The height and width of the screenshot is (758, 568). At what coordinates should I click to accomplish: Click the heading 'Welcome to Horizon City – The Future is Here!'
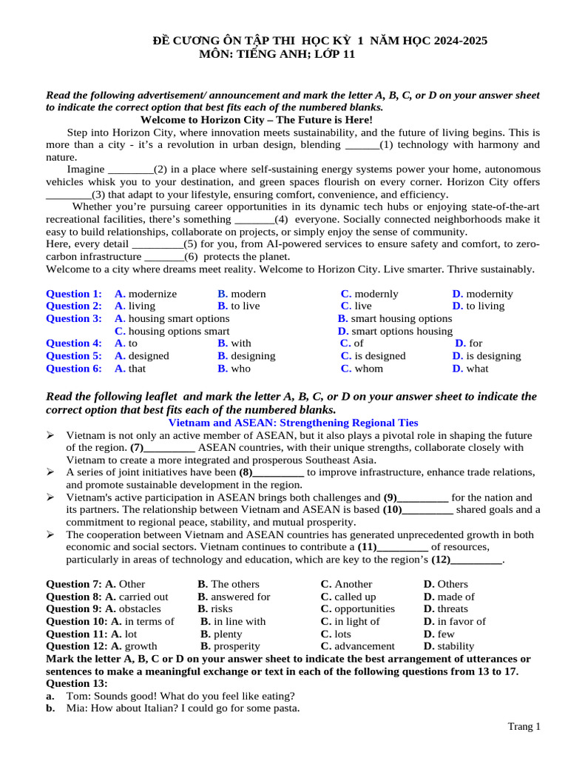click(x=256, y=120)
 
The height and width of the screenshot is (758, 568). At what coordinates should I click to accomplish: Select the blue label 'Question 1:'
click(x=73, y=294)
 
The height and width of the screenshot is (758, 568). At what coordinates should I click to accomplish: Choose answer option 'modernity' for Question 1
click(x=489, y=294)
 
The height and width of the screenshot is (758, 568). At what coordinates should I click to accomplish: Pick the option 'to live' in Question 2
click(x=245, y=306)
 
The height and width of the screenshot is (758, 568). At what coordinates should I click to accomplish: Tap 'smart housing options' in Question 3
click(x=399, y=318)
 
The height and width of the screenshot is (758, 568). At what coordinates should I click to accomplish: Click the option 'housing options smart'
click(x=178, y=331)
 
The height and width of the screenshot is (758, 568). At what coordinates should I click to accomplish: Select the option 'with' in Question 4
click(x=240, y=343)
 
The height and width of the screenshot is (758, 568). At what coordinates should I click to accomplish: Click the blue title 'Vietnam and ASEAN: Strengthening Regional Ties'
click(x=294, y=423)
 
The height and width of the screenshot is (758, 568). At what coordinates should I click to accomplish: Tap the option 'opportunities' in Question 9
click(x=364, y=609)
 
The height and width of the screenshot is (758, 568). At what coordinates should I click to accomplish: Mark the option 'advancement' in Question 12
click(x=364, y=646)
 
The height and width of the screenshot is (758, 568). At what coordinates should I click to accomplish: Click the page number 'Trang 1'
click(x=524, y=727)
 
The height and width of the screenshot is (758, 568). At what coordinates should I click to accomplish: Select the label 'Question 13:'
click(x=77, y=683)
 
